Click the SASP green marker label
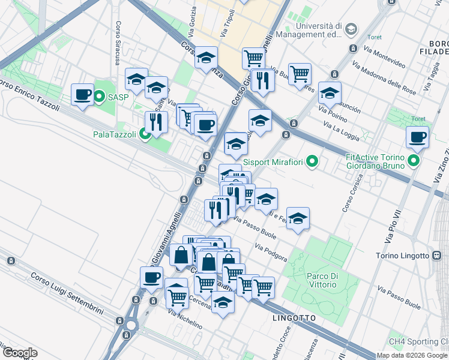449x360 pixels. coord(118,96)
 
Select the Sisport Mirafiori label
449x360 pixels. coord(273,161)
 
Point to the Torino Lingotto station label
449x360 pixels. coord(400,256)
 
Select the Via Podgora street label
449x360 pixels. coord(271,253)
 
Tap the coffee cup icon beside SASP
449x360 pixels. coord(82,95)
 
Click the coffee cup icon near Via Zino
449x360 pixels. coord(417,137)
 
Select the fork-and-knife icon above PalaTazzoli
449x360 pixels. coord(155,122)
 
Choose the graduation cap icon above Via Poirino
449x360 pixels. coord(329,93)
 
